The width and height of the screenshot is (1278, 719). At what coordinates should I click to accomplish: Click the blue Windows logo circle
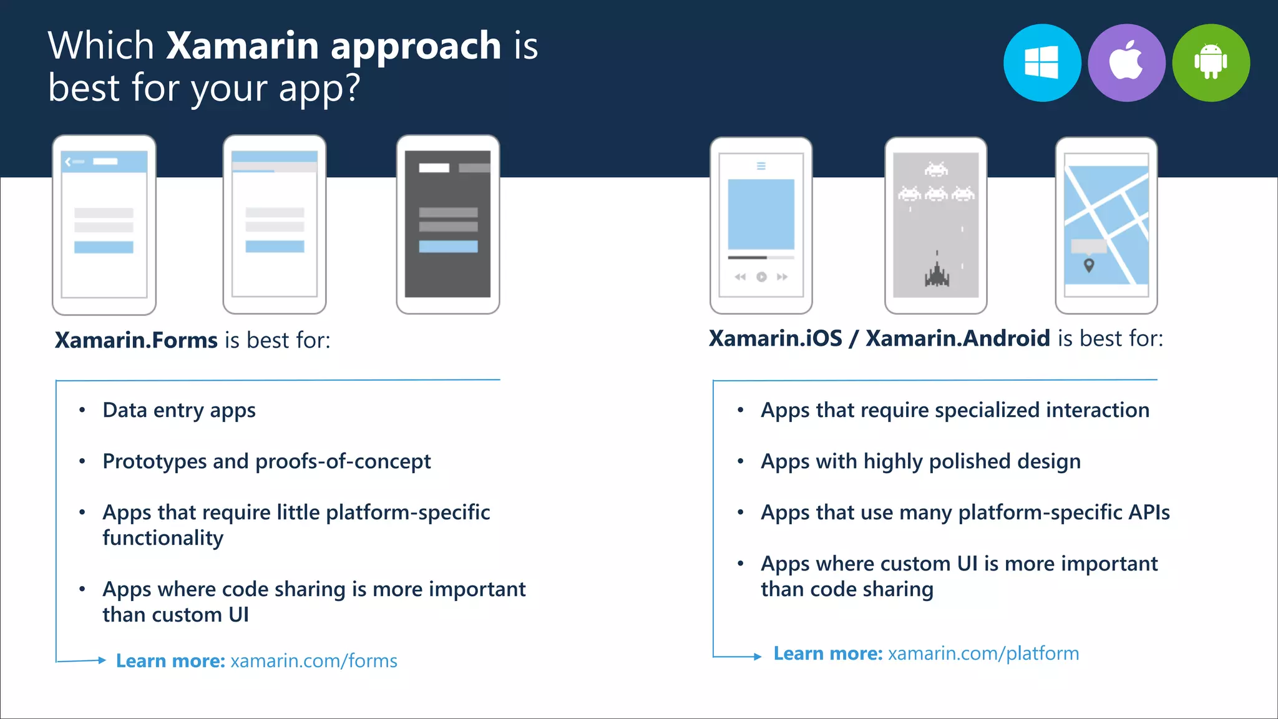[1042, 63]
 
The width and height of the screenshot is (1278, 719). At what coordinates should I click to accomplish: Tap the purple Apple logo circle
[1126, 63]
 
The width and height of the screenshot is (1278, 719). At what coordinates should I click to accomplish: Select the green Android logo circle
[1211, 63]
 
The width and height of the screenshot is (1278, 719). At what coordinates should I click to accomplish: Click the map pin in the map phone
[1089, 265]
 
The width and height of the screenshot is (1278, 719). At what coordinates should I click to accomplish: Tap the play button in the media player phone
[761, 277]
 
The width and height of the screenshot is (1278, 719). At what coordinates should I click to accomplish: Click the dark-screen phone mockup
[447, 224]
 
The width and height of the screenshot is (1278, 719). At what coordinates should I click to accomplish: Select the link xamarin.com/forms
[314, 661]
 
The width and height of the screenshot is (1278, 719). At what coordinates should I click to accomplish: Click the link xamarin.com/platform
[983, 653]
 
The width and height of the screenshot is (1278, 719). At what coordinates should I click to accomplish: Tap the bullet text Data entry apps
[179, 411]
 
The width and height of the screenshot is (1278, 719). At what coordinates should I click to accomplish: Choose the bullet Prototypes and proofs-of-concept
[266, 462]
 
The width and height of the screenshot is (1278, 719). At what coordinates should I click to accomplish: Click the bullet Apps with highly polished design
[920, 462]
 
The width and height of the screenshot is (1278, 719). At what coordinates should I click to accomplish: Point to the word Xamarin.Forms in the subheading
[136, 340]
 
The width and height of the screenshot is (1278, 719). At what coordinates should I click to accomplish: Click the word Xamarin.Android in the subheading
[958, 338]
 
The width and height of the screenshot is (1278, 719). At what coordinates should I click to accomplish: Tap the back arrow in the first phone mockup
[68, 162]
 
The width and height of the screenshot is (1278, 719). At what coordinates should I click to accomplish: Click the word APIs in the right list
[1149, 512]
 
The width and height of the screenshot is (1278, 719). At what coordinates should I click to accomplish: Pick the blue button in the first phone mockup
[104, 247]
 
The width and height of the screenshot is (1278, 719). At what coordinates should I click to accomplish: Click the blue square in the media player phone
[761, 214]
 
